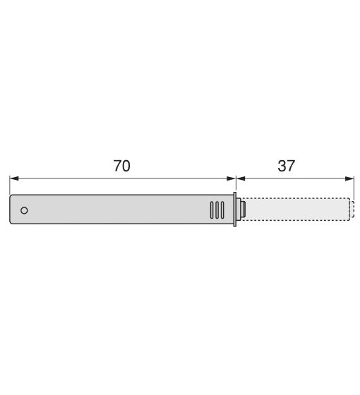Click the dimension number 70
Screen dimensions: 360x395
point(121,166)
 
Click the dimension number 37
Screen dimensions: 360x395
point(286,166)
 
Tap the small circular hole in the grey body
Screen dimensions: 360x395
point(24,210)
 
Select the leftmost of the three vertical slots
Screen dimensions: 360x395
point(212,210)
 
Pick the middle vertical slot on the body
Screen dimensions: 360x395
point(217,210)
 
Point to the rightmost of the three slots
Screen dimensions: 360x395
point(222,210)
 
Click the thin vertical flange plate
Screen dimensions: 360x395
point(235,209)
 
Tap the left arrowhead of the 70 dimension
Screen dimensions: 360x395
point(14,178)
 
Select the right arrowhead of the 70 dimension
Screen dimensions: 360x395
point(231,178)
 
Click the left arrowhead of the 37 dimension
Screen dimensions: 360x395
point(241,178)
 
